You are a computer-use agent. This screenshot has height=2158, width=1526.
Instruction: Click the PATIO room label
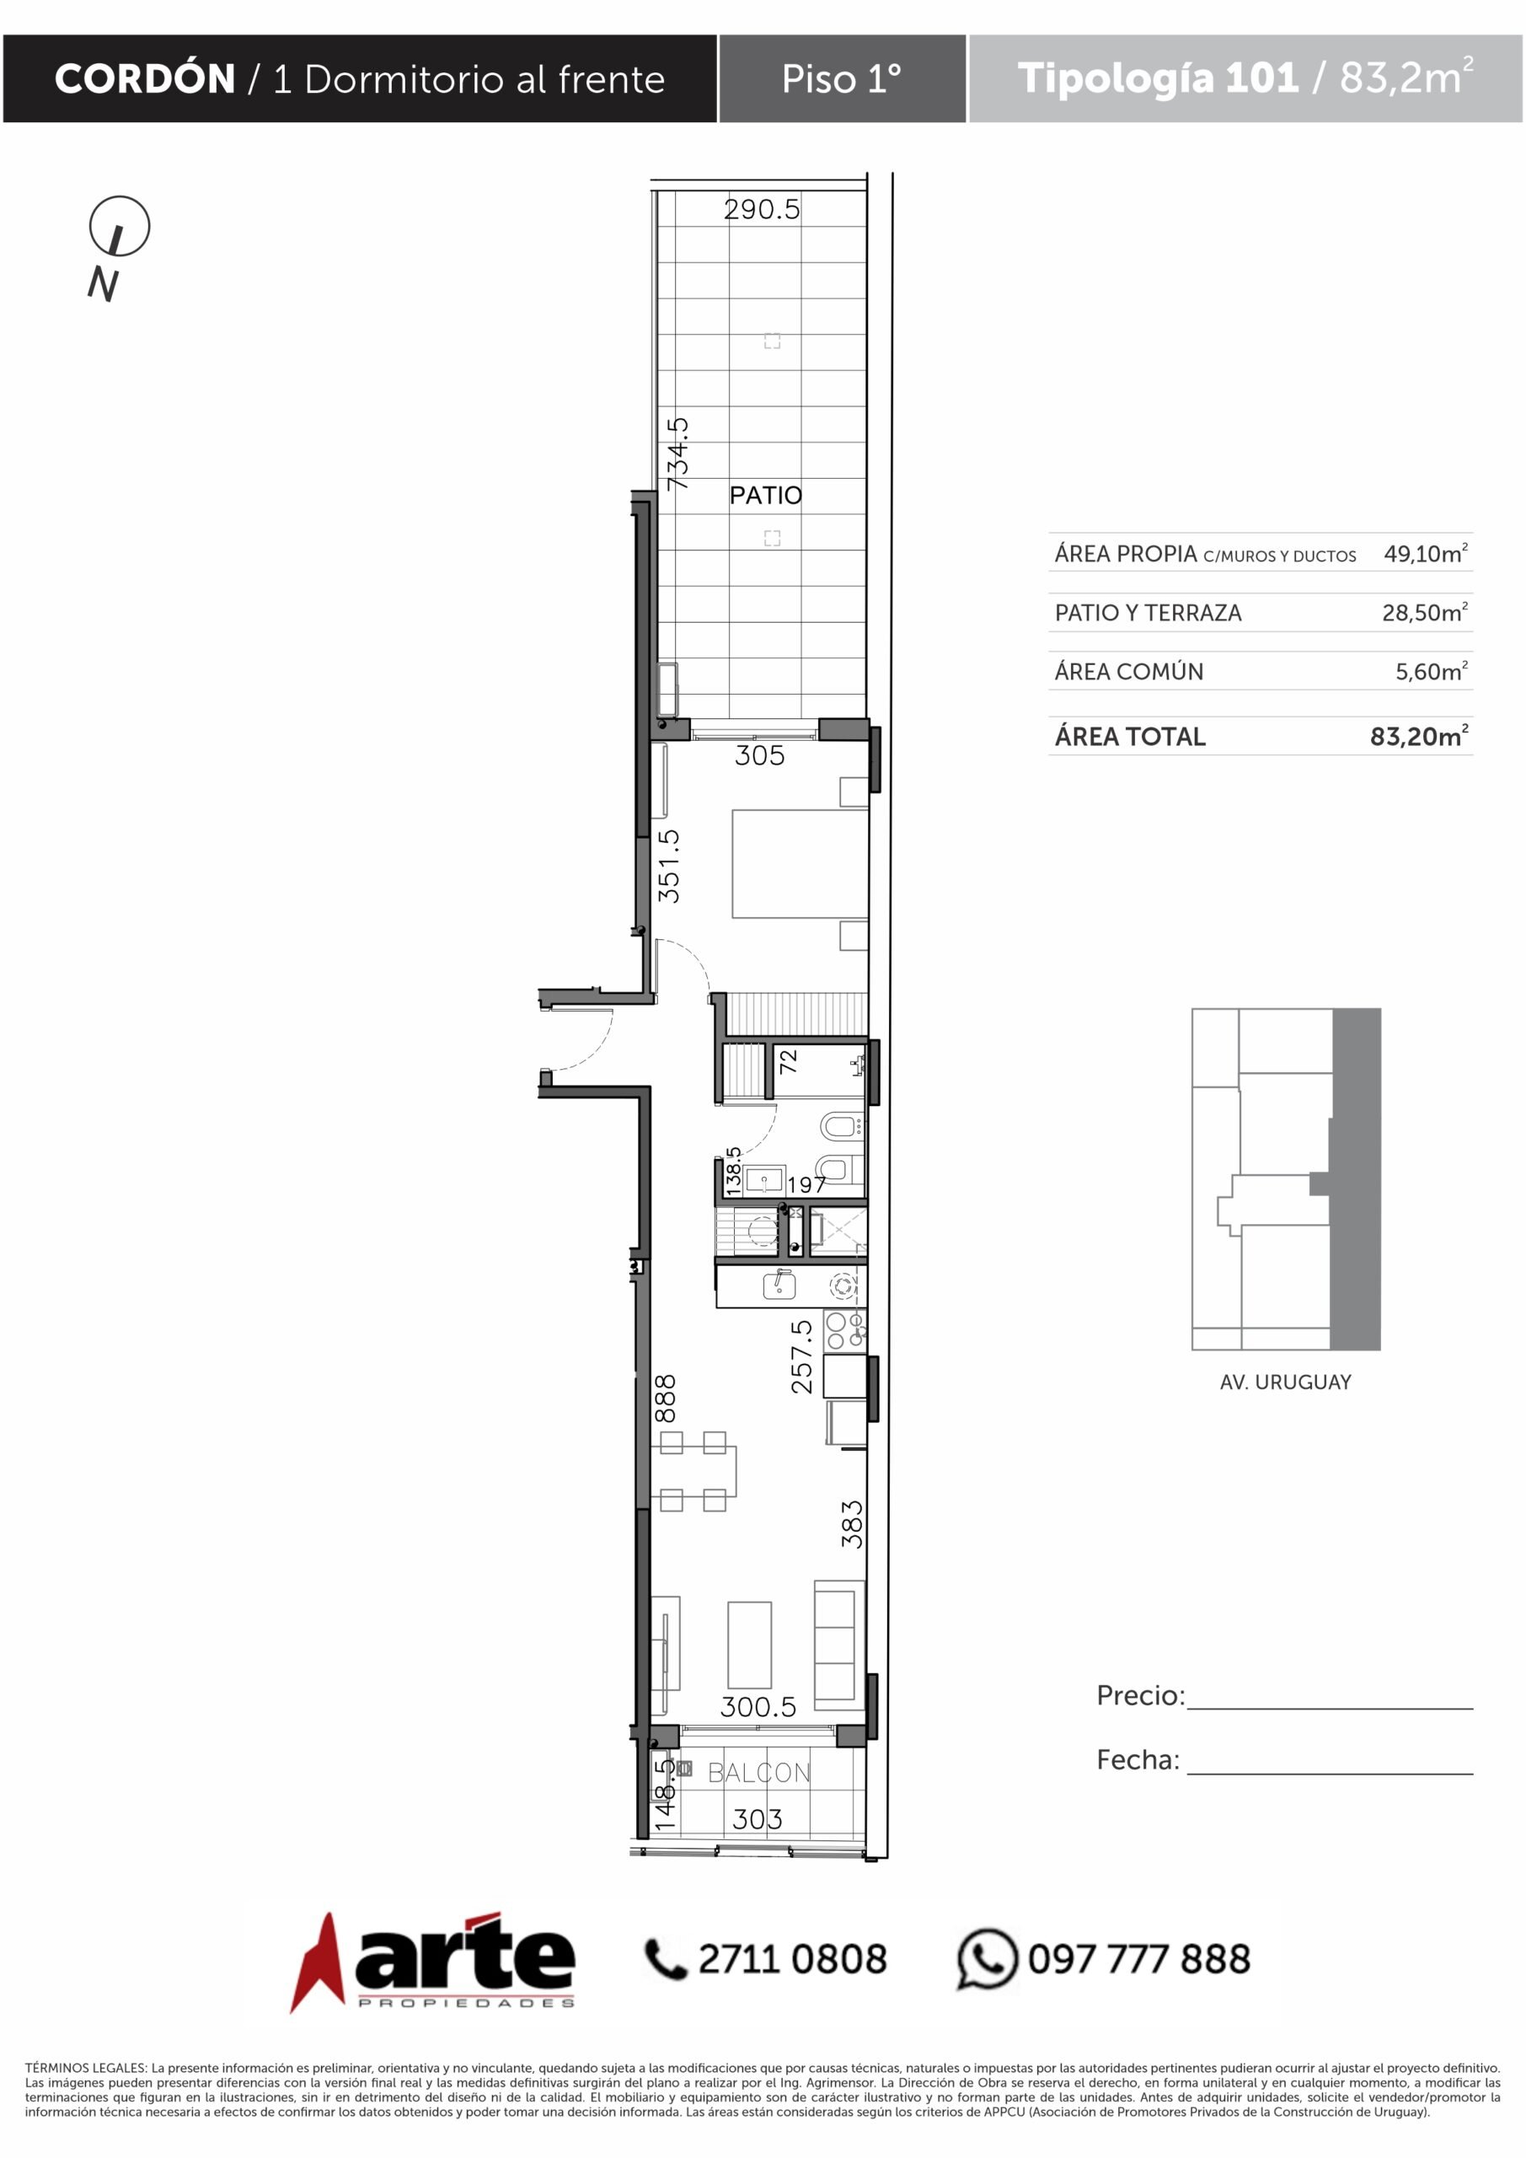(x=766, y=496)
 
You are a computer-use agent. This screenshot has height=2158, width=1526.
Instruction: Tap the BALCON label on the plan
(x=759, y=1773)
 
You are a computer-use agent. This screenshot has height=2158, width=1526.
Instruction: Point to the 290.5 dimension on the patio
(x=762, y=210)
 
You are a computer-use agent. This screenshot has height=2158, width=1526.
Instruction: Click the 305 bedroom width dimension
(x=759, y=755)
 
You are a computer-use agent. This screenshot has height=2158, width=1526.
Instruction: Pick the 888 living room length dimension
(x=666, y=1398)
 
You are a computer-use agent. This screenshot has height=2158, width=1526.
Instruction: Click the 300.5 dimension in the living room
(x=758, y=1707)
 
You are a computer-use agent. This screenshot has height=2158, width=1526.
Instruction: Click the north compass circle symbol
(x=120, y=227)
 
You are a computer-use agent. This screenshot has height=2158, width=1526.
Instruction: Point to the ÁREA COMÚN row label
(x=1128, y=671)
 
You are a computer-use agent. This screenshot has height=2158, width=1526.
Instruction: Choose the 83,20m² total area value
(x=1419, y=736)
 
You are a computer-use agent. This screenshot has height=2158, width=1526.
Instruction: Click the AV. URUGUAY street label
(x=1286, y=1382)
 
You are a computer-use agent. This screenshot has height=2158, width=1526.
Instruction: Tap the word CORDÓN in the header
(x=145, y=79)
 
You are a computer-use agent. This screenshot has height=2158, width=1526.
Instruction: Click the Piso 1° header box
(x=842, y=79)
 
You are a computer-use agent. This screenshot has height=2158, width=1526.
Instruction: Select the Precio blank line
(x=1330, y=1709)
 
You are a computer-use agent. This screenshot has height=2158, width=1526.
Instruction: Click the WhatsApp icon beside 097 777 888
(x=987, y=1959)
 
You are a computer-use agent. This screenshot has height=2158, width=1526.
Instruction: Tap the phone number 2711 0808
(x=792, y=1960)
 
